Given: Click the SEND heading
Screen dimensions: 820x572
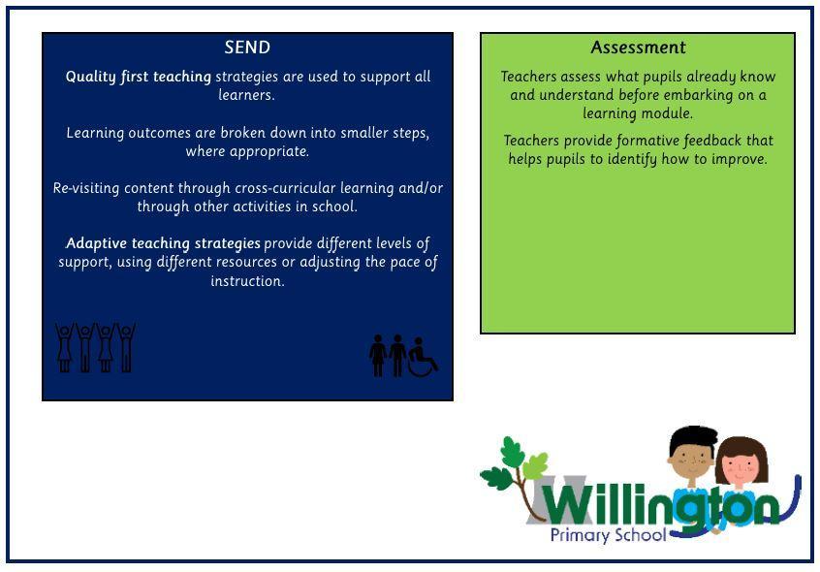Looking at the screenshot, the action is pyautogui.click(x=247, y=48).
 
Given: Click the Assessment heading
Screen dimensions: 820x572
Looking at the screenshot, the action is pyautogui.click(x=638, y=48).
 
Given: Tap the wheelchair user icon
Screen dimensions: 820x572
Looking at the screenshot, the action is pyautogui.click(x=423, y=357).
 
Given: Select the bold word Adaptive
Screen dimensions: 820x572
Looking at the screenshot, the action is pyautogui.click(x=98, y=243).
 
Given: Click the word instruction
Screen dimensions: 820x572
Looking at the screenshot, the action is pyautogui.click(x=247, y=281).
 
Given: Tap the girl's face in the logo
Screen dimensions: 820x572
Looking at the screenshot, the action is pyautogui.click(x=741, y=463).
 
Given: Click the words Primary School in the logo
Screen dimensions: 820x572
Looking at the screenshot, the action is pyautogui.click(x=608, y=535).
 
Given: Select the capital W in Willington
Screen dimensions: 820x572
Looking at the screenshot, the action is pyautogui.click(x=569, y=503).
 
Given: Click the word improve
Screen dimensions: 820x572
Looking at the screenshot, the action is pyautogui.click(x=741, y=159).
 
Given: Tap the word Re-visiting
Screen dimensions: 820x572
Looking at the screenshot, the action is pyautogui.click(x=86, y=188).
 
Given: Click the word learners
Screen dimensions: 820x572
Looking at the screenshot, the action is pyautogui.click(x=246, y=95).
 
